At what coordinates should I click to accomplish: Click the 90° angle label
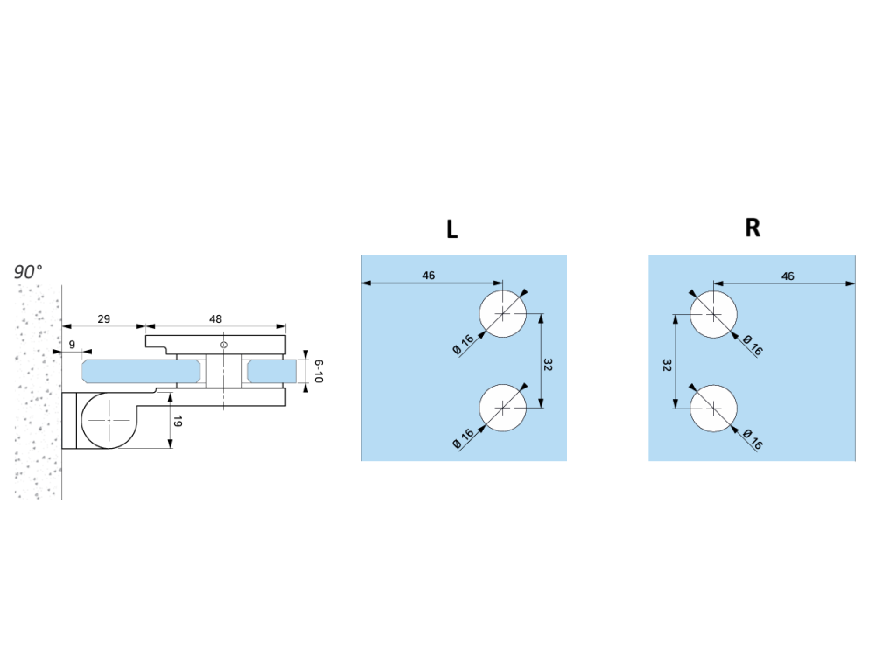(28, 272)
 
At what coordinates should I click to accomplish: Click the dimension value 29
(103, 319)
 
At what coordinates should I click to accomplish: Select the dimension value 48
(215, 319)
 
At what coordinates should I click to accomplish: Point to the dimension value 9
(71, 344)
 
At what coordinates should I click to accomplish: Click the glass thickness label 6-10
(318, 371)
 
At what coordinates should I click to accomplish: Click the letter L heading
(451, 229)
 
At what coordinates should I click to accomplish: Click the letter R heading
(752, 228)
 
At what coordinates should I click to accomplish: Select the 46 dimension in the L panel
(429, 276)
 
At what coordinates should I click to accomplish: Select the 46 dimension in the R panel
(787, 276)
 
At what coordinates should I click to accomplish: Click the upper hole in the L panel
(503, 313)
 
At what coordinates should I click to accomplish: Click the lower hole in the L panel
(503, 409)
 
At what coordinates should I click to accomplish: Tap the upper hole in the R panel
(713, 313)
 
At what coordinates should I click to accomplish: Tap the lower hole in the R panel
(713, 409)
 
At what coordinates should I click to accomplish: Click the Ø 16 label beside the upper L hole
(464, 343)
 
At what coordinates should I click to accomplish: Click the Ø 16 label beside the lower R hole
(752, 438)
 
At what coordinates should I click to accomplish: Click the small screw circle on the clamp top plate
(224, 346)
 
